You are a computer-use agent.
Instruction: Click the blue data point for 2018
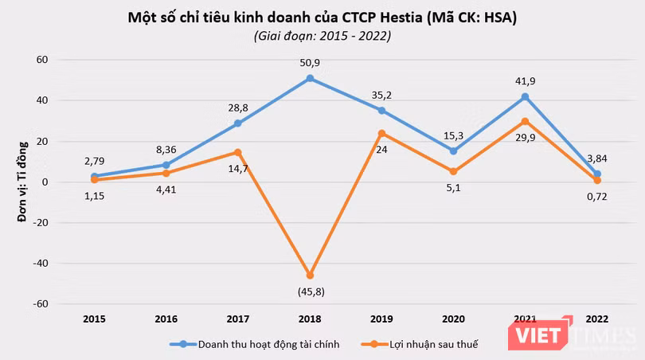310,79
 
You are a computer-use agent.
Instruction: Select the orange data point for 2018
310,276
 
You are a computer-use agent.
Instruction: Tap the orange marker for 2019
381,133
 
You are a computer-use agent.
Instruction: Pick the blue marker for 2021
525,97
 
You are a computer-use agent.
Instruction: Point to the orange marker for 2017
238,152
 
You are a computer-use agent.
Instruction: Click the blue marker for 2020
453,151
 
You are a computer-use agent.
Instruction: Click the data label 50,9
310,61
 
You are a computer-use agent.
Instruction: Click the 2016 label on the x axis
166,318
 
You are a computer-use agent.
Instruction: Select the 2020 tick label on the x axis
453,318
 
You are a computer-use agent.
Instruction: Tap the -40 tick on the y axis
40,263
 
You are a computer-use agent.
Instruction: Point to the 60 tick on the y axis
42,60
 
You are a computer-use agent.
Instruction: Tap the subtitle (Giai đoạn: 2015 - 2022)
322,36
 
